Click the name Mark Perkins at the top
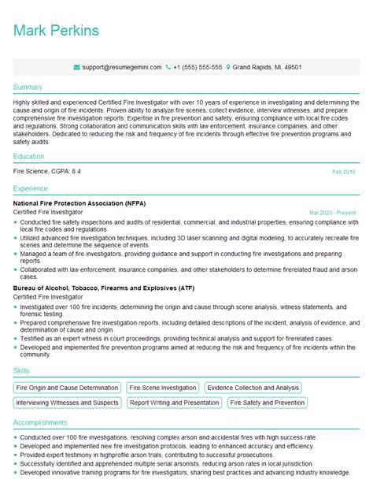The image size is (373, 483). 56,31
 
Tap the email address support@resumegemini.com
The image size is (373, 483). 115,68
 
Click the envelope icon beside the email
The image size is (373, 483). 76,68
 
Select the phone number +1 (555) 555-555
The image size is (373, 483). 198,68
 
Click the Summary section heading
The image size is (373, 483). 28,87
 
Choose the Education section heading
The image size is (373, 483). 30,157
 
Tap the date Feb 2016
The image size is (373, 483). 344,172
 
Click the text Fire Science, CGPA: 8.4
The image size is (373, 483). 47,172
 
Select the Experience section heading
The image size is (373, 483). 31,189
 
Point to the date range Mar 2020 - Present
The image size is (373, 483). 333,213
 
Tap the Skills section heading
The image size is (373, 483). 22,370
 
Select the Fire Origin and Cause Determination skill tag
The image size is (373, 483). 67,388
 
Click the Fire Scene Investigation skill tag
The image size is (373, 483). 163,388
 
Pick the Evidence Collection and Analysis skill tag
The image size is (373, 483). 253,388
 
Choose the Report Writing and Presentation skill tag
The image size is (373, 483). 175,403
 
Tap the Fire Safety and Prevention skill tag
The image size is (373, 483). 268,403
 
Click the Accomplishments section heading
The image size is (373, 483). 40,422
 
